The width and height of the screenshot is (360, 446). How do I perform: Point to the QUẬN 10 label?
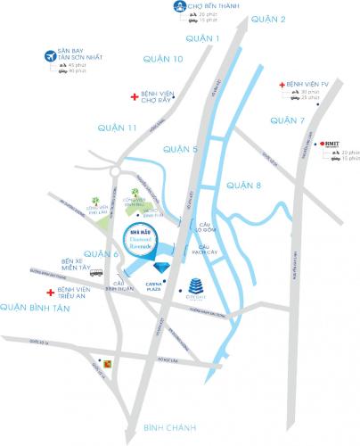[163, 59]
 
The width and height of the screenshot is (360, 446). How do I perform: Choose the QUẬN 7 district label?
[288, 120]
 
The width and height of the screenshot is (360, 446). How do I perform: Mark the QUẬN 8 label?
[245, 186]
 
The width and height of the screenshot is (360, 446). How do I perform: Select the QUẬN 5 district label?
[181, 149]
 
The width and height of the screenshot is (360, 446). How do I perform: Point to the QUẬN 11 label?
[119, 128]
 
